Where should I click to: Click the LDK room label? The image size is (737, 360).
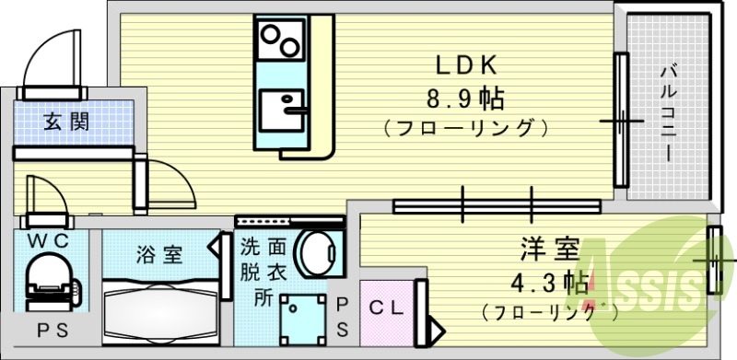coord(467,65)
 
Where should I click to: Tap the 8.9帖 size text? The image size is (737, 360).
coord(467,97)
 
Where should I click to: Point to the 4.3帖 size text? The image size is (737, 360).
coord(551,280)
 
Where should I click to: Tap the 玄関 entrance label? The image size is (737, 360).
coord(66,121)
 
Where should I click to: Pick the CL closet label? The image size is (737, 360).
coord(387,309)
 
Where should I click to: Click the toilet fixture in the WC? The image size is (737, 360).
coord(48,279)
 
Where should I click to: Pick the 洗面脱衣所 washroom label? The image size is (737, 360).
coord(263,273)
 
